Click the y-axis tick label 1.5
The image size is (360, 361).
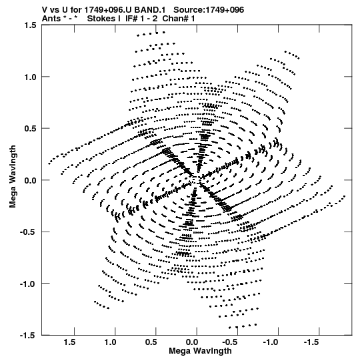[x=30, y=25]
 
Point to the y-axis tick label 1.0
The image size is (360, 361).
[x=30, y=77]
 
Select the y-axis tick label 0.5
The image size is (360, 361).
[x=30, y=129]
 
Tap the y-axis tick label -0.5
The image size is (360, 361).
[x=28, y=232]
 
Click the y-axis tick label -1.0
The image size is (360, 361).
[x=28, y=284]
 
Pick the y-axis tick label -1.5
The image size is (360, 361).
[x=28, y=336]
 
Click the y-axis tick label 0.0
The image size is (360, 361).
[x=30, y=180]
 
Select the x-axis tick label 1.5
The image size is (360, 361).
[x=69, y=342]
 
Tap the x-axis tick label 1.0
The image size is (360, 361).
[x=110, y=342]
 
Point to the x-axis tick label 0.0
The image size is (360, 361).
[x=192, y=342]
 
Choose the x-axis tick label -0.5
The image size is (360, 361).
[x=231, y=342]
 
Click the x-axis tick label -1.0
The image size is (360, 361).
[x=271, y=342]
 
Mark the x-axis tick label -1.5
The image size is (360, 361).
[x=313, y=342]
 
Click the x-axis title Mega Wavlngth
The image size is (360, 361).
[x=200, y=352]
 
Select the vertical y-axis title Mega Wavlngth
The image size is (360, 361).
[x=13, y=177]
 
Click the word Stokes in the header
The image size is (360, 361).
[x=101, y=19]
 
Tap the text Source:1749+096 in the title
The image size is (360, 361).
[x=209, y=10]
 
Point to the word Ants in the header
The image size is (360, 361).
[x=51, y=19]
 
